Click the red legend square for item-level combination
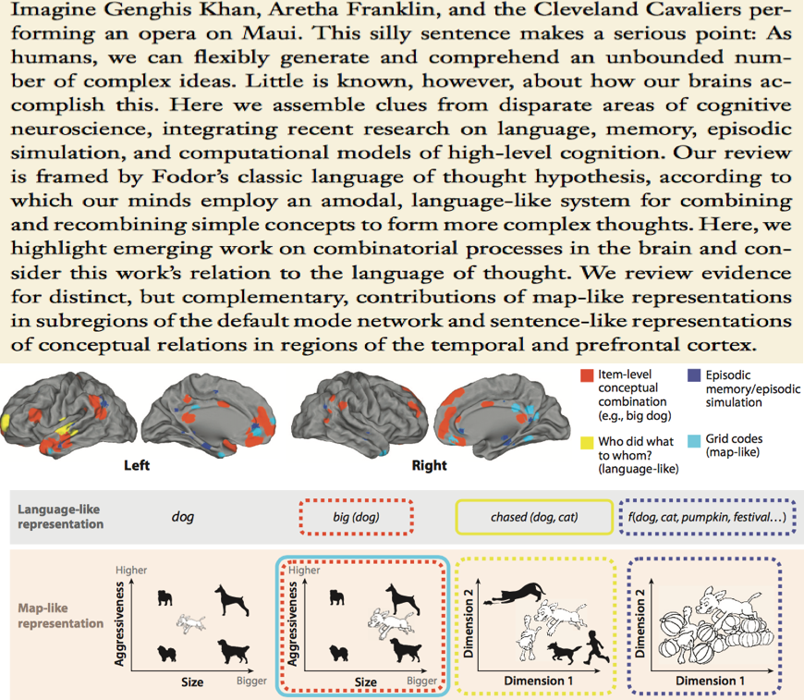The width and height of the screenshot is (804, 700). click(x=586, y=376)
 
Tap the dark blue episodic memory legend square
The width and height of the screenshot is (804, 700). click(x=691, y=376)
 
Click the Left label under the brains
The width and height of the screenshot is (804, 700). click(x=137, y=465)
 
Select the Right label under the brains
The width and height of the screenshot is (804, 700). click(x=429, y=465)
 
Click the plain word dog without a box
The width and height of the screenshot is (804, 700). click(x=183, y=518)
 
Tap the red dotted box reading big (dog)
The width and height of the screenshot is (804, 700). click(x=357, y=518)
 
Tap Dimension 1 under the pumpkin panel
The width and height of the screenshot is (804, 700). click(x=713, y=680)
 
